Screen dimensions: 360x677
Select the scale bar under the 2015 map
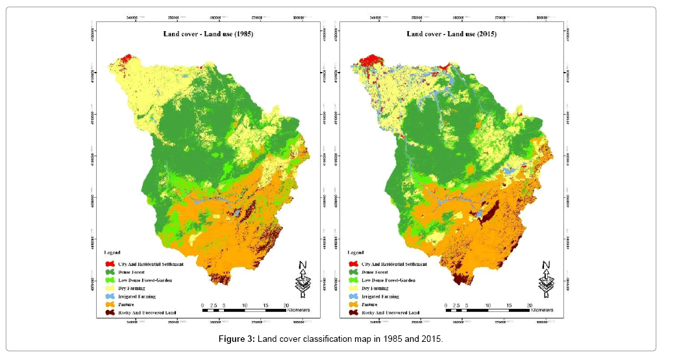487,311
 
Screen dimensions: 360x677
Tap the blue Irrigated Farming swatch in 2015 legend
352,296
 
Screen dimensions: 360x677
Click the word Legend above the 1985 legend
114,252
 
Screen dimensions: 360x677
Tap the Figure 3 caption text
338,339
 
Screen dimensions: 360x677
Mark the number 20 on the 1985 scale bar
286,305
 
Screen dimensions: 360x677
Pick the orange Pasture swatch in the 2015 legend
352,304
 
